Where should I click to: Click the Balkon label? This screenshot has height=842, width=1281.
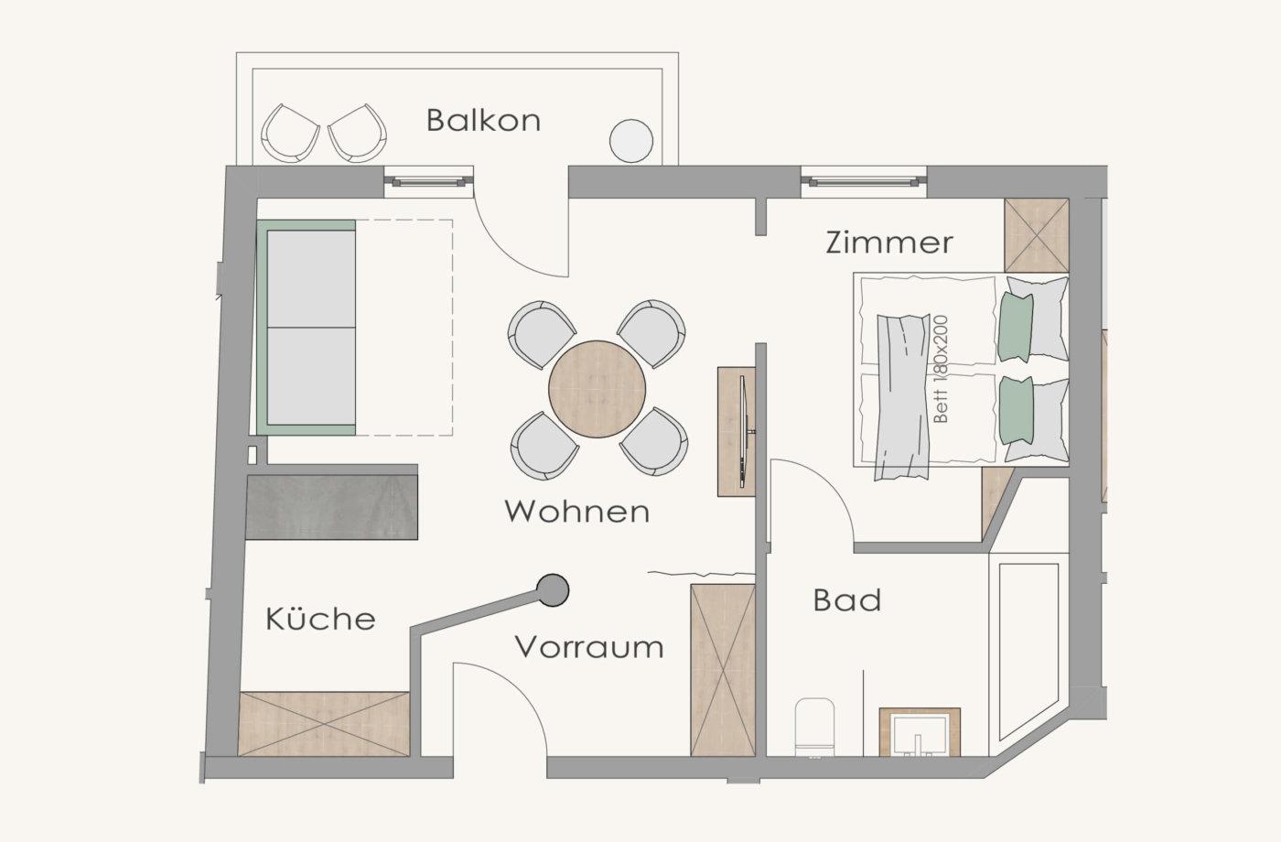click(483, 121)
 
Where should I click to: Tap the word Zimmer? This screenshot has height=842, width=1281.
click(889, 243)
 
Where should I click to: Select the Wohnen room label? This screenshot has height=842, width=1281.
click(577, 512)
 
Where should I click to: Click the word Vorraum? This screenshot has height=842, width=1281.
click(589, 647)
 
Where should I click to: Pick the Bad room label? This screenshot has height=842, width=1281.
click(847, 600)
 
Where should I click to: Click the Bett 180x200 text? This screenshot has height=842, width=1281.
click(941, 369)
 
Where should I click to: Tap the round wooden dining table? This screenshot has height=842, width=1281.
click(597, 390)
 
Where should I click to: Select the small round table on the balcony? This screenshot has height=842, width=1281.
click(631, 141)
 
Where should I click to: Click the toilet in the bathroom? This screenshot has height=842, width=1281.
click(814, 727)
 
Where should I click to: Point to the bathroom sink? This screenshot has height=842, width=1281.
click(920, 732)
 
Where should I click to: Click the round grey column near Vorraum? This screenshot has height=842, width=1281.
click(553, 589)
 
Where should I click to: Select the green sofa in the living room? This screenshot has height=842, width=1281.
click(307, 328)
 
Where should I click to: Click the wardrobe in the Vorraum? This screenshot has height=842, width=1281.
click(723, 670)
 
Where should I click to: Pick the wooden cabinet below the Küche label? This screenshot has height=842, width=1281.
click(324, 724)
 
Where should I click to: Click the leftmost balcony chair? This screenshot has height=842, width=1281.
click(290, 133)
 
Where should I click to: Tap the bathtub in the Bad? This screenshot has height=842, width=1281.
click(1028, 652)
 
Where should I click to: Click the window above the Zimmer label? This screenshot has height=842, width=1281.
click(864, 182)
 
